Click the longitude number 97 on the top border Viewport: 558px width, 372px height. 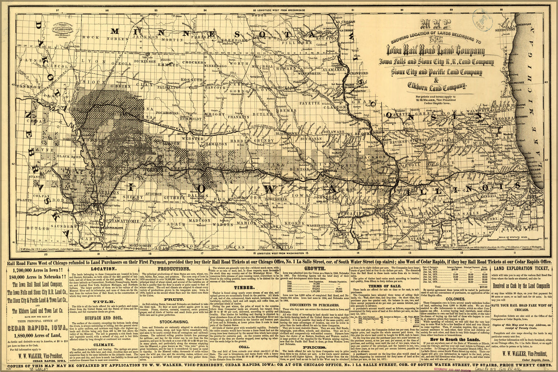(57, 11)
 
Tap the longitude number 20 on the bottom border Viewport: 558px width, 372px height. (44, 255)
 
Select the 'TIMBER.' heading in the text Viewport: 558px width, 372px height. (244, 287)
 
